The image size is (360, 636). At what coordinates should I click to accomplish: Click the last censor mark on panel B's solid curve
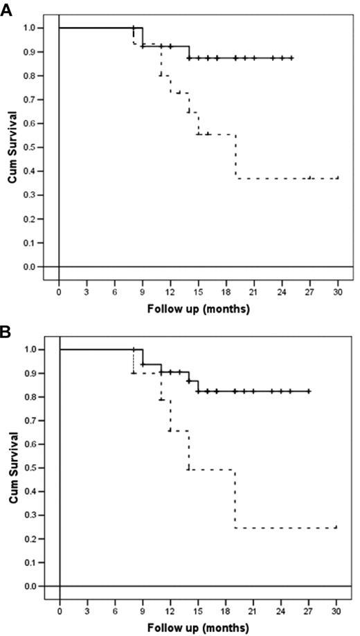tap(309, 391)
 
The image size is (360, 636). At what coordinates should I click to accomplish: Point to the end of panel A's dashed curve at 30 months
tap(337, 178)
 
